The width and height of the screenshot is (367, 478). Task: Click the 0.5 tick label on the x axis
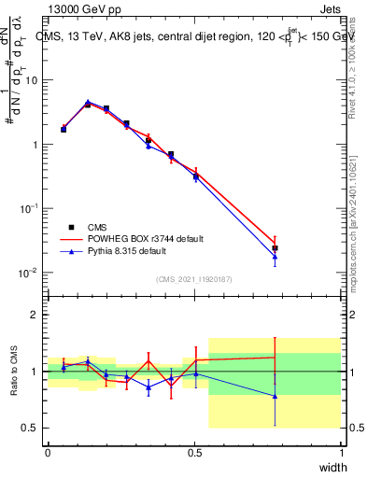(194, 452)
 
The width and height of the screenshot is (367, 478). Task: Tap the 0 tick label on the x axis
(48, 452)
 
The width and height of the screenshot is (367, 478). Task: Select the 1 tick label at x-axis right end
(341, 452)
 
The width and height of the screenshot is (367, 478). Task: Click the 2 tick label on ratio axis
(35, 315)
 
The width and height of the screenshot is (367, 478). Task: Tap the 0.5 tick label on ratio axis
(31, 428)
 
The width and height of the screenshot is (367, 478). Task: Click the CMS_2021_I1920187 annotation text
(194, 279)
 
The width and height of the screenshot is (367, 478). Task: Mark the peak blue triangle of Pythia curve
(88, 102)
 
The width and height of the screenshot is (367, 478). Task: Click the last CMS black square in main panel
(275, 248)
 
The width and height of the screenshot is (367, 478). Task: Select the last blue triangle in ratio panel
(275, 396)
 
